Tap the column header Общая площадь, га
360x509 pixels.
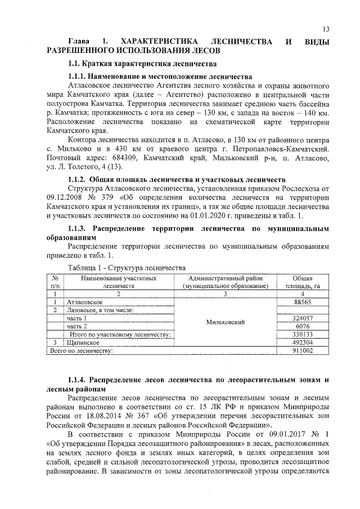(x=307, y=282)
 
